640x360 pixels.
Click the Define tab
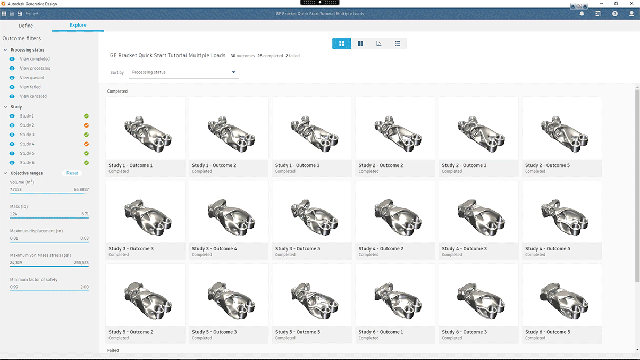click(x=26, y=26)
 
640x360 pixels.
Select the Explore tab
click(x=78, y=25)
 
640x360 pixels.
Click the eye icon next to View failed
click(x=12, y=87)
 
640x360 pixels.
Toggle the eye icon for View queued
click(x=12, y=78)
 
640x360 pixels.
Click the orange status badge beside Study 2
click(x=86, y=125)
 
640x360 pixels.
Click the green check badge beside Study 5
click(x=86, y=153)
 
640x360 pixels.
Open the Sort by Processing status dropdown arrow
click(x=233, y=72)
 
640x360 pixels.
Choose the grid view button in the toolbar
click(x=342, y=44)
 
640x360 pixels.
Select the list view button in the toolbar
click(x=398, y=44)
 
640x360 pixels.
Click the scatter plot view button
click(x=379, y=44)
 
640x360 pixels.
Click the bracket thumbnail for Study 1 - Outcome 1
click(x=145, y=128)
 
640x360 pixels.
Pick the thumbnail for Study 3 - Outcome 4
click(x=229, y=212)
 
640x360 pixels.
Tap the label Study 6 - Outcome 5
click(x=547, y=332)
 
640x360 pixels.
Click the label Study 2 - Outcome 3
click(x=464, y=165)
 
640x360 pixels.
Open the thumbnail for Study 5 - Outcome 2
click(x=145, y=295)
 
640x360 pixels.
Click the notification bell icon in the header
click(x=582, y=14)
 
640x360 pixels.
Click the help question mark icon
click(x=615, y=14)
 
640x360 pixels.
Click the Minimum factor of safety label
click(x=33, y=279)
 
